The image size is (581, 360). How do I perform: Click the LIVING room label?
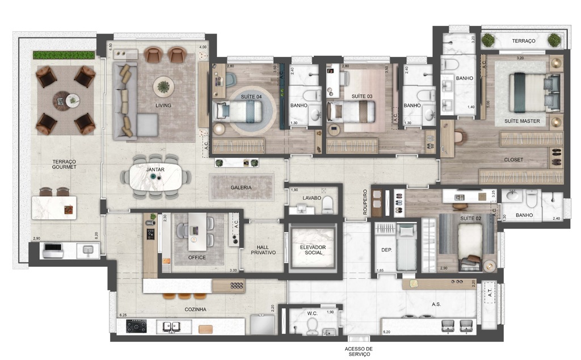point(163,106)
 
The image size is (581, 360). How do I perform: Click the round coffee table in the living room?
point(163,86)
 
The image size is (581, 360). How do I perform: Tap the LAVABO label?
point(311,198)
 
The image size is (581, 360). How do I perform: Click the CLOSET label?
point(513,160)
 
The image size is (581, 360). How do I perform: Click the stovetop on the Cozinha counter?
point(136,326)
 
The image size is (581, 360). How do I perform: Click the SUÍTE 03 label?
point(361,97)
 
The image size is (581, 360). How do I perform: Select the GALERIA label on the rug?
point(241,187)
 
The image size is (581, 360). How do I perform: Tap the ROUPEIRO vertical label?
point(366,202)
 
